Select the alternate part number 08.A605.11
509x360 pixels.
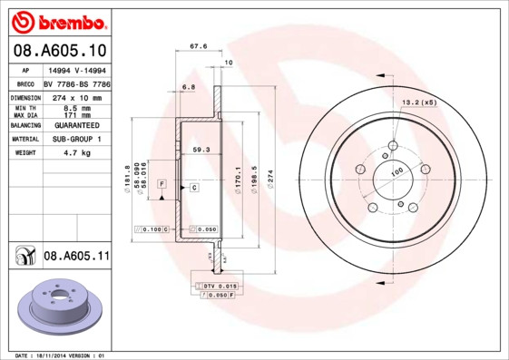pos(76,257)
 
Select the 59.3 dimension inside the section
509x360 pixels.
pos(201,149)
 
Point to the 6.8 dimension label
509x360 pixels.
pos(189,87)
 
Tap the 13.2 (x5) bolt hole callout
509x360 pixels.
pos(419,102)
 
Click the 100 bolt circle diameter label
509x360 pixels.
pos(396,171)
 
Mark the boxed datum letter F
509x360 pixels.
pos(162,184)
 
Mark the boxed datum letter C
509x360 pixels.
pos(193,187)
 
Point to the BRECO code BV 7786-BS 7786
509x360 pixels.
pos(78,83)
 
